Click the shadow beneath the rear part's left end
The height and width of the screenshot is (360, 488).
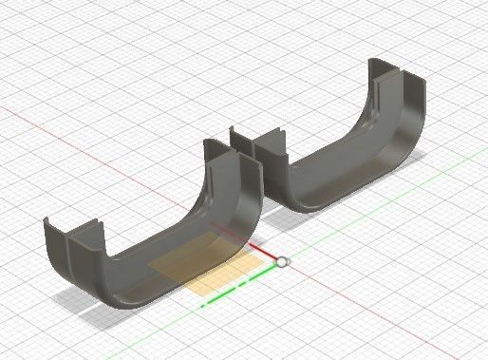pyautogui.click(x=275, y=214)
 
